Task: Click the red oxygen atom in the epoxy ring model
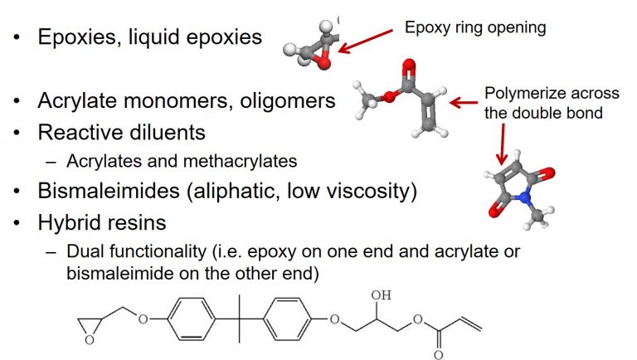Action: click(323, 63)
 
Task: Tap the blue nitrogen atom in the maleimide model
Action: click(525, 197)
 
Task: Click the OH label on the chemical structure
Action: click(381, 295)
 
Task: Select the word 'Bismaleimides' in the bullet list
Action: click(109, 191)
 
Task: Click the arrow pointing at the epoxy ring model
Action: click(366, 41)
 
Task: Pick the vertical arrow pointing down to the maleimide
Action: click(503, 144)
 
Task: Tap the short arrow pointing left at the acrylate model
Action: click(464, 102)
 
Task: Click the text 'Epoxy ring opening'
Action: click(475, 28)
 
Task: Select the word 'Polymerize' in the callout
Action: click(525, 94)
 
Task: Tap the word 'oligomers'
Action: click(288, 100)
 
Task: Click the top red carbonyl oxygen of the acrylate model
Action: click(409, 65)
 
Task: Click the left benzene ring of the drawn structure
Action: click(191, 319)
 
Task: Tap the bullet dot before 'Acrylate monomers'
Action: click(17, 100)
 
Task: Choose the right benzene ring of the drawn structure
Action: click(287, 319)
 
